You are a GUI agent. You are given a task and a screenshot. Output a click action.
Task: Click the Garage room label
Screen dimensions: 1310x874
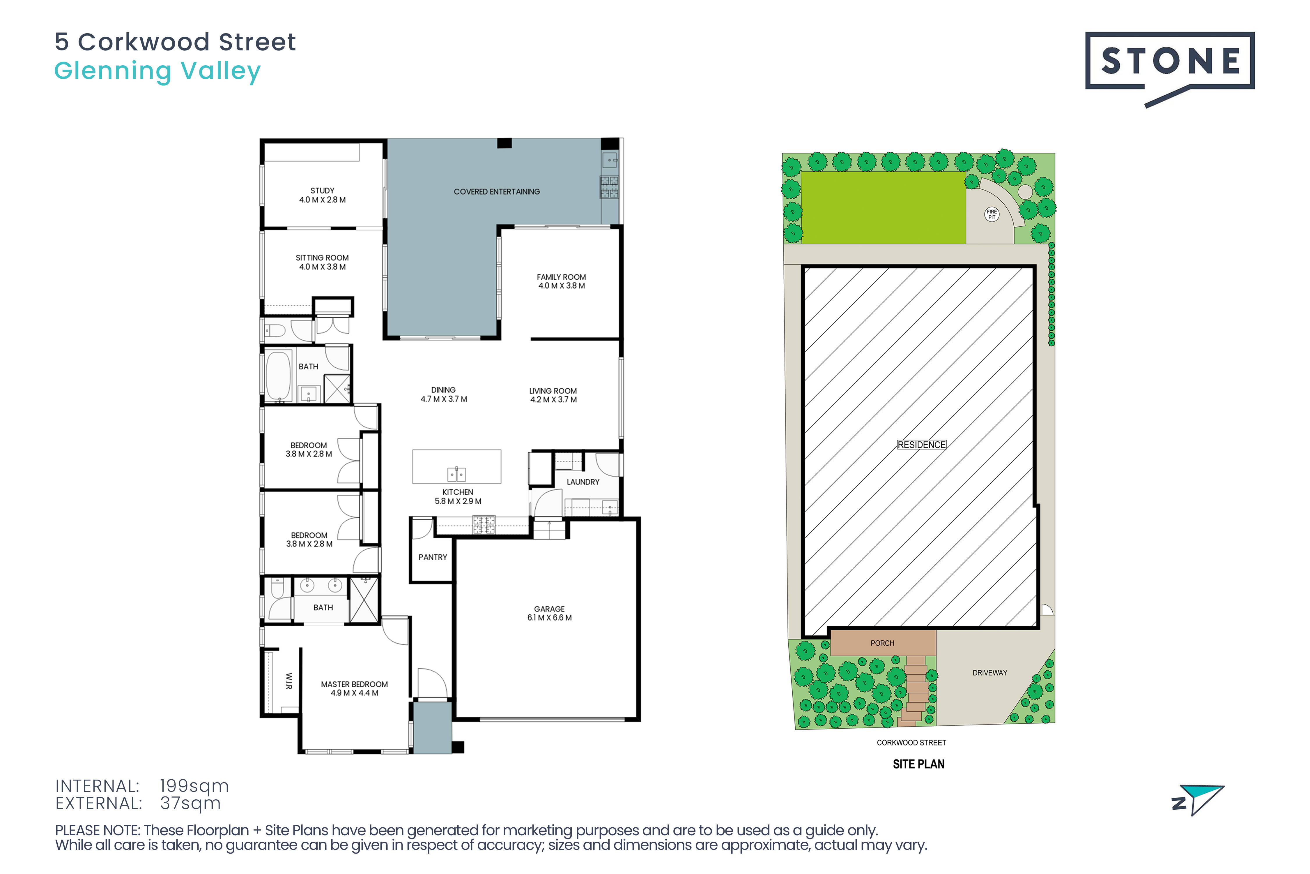tap(549, 613)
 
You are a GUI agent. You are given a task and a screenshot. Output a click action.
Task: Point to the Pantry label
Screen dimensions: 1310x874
tap(433, 557)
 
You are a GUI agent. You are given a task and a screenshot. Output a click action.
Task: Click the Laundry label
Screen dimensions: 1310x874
tap(583, 482)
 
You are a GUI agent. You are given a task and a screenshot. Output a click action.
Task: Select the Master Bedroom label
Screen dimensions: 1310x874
tap(354, 688)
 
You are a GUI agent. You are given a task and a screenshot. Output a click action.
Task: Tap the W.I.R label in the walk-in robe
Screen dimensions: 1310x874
tap(288, 681)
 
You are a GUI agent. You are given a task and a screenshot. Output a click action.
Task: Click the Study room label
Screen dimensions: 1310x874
tap(323, 195)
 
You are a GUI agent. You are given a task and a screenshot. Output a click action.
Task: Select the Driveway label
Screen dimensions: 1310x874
tap(990, 673)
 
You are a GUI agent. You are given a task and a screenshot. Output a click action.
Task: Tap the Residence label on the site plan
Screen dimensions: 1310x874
tap(921, 445)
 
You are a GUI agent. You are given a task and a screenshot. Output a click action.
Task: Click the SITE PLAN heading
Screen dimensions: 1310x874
tap(918, 764)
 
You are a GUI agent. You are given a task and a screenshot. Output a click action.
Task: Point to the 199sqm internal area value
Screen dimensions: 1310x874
tap(194, 786)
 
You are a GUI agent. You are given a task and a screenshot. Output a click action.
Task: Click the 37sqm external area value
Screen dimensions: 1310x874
tap(190, 803)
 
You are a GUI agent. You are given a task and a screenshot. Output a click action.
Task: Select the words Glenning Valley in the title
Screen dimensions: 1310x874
tap(157, 71)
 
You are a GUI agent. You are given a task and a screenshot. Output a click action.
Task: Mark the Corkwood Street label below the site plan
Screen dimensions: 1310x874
tap(911, 742)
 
